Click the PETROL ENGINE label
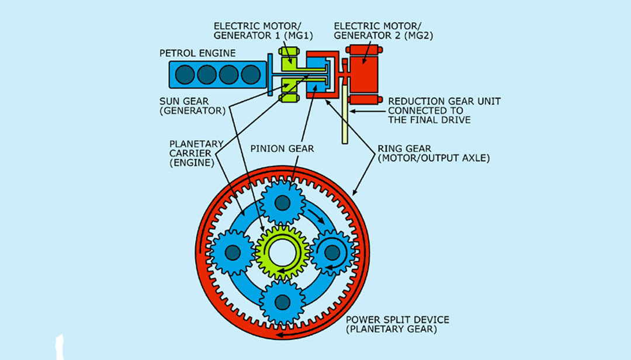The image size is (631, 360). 197,53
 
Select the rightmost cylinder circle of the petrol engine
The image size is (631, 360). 251,74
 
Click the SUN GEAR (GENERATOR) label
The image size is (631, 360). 192,105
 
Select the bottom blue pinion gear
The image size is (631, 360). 282,302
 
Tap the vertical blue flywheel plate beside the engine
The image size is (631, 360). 269,74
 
